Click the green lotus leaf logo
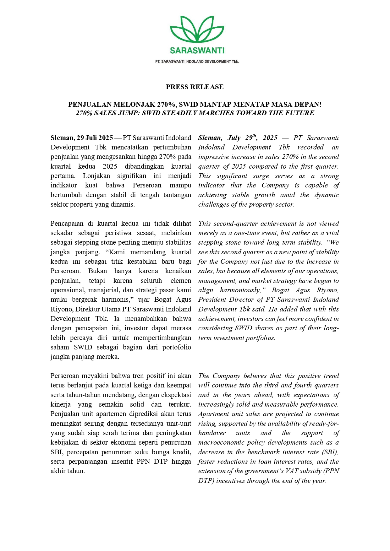click(197, 30)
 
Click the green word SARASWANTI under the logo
click(197, 51)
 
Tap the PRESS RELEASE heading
click(195, 87)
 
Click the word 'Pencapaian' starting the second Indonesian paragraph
click(66, 224)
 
